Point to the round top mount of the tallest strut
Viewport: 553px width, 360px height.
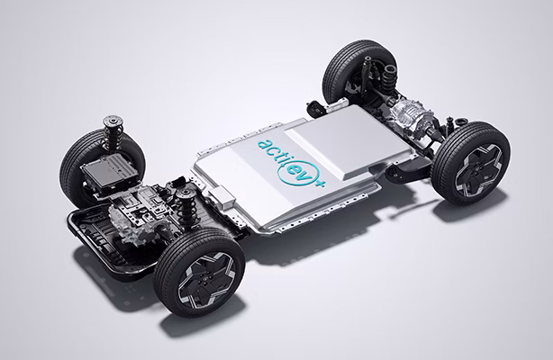[113, 121]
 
